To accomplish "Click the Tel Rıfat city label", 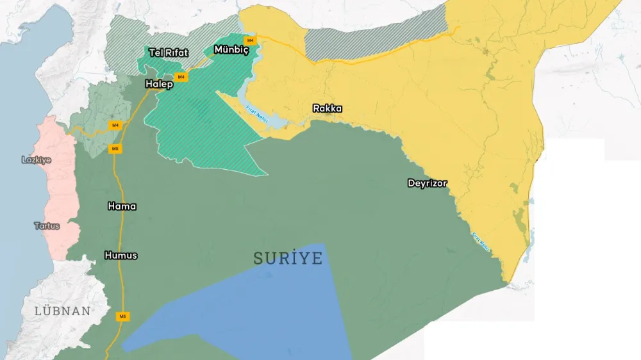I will tap(168, 53).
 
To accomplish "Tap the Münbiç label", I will tap(231, 49).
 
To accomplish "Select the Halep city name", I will tap(159, 84).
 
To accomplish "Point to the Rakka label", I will tap(327, 108).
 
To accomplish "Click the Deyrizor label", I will tap(427, 183).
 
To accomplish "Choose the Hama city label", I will tap(122, 206).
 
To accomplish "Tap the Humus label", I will tap(121, 256).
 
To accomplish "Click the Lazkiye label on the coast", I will tap(37, 160).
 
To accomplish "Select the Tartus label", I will tap(47, 226).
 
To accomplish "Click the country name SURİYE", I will tap(288, 258).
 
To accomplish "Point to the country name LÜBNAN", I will tap(63, 311).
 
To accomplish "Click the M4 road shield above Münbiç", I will tap(251, 40).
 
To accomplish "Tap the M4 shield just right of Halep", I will tap(181, 77).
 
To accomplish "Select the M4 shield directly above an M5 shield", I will tap(115, 125).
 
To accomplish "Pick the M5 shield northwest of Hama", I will tap(115, 149).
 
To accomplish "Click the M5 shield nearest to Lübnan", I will tap(122, 316).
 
